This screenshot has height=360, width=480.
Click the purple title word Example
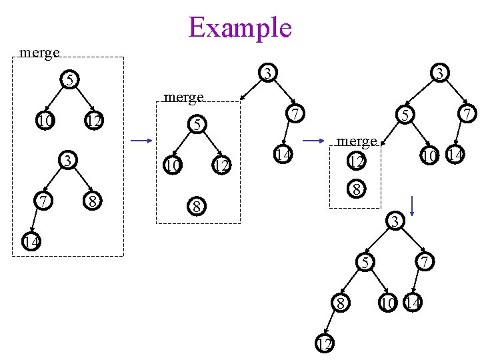click(x=240, y=27)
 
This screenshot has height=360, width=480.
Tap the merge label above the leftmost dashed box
click(x=40, y=52)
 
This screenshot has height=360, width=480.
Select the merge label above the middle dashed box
click(x=183, y=97)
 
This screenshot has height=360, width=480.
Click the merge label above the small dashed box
click(x=357, y=141)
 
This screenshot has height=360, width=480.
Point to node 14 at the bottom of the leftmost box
click(x=29, y=241)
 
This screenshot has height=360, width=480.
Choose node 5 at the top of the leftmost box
click(x=67, y=80)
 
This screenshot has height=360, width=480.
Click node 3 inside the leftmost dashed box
click(x=67, y=160)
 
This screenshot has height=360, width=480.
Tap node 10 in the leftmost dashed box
click(x=44, y=121)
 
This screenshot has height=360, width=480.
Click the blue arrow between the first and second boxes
click(x=142, y=141)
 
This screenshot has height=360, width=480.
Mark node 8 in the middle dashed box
click(x=196, y=206)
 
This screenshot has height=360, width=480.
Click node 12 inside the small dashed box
click(x=357, y=161)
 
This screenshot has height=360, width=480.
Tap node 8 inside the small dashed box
click(x=357, y=189)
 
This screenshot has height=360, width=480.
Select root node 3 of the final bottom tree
click(x=395, y=221)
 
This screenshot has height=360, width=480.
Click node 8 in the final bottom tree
click(x=341, y=303)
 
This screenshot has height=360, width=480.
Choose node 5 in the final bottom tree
click(x=365, y=263)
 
